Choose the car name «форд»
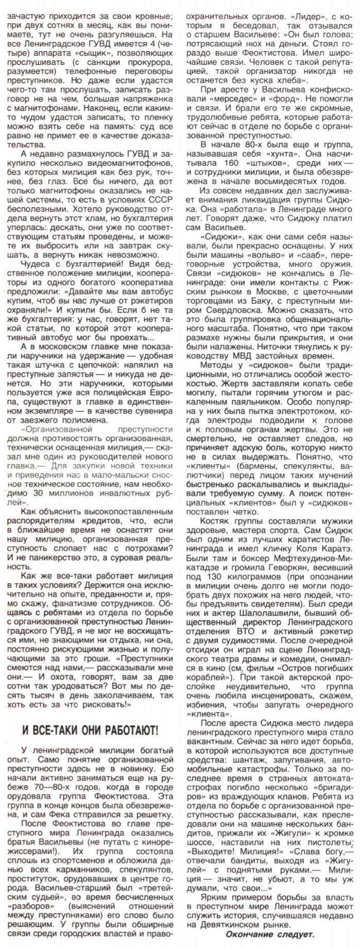point(304,98)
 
